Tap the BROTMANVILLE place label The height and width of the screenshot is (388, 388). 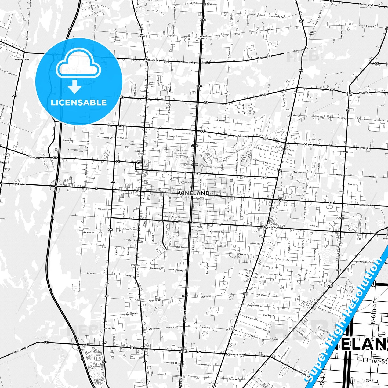22,59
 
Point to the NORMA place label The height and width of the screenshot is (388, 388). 5,155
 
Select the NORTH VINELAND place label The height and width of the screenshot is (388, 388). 203,37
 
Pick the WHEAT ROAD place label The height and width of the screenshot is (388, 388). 349,94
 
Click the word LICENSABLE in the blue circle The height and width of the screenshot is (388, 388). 79,102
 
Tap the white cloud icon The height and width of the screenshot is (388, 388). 78,66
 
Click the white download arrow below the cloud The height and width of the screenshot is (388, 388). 75,87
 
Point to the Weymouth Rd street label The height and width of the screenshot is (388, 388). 367,5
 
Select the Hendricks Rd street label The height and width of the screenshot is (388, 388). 171,363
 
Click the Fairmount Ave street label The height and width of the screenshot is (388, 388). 262,162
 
